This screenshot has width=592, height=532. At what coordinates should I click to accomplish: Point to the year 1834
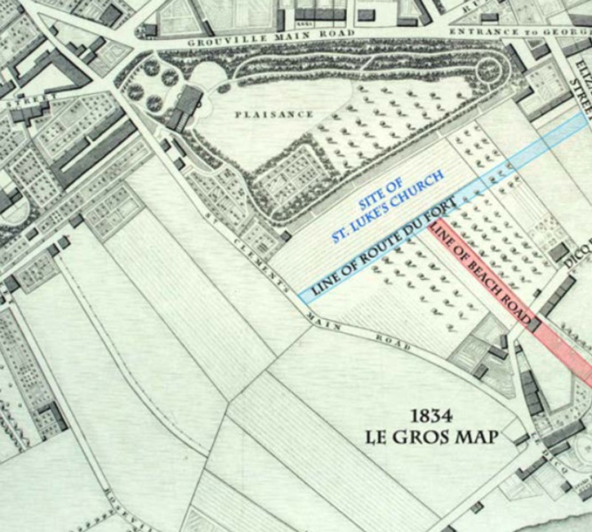click(433, 416)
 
